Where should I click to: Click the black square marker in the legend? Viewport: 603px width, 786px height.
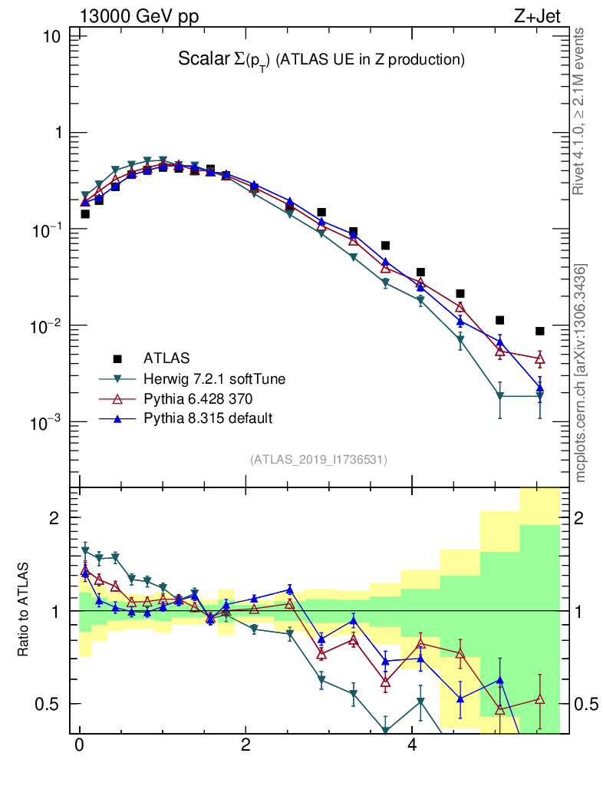[x=117, y=358]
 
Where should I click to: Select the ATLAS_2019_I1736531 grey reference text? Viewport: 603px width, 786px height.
[x=318, y=460]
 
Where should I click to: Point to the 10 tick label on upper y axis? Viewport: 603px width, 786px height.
[x=54, y=36]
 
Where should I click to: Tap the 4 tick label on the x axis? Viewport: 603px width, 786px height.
[x=412, y=745]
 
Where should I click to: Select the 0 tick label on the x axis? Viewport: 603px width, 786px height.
[x=79, y=745]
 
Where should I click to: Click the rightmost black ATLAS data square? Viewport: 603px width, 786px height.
[x=540, y=331]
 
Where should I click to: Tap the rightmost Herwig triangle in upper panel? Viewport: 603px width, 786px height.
[x=540, y=396]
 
